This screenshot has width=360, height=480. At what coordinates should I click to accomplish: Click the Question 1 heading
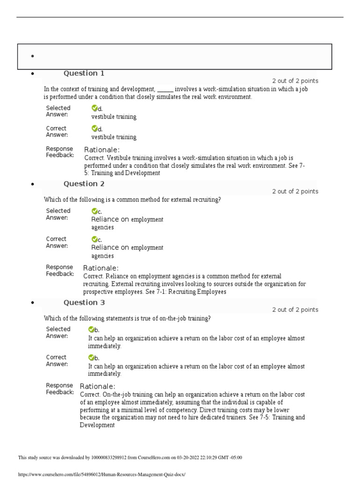(84, 73)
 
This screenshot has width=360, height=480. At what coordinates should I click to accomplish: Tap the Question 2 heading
(84, 184)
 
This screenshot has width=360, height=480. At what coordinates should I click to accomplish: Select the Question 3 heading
(84, 302)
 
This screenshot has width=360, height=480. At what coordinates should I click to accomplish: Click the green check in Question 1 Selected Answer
(94, 108)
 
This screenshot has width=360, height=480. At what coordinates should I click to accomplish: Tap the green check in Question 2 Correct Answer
(94, 239)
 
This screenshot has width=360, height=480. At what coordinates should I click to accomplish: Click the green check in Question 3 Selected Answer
(91, 330)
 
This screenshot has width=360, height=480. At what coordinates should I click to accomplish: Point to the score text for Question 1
(295, 81)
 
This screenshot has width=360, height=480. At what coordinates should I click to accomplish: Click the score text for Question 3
(295, 310)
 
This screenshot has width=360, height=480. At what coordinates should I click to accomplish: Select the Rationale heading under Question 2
(101, 268)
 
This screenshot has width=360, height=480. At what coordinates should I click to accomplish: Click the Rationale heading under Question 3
(97, 386)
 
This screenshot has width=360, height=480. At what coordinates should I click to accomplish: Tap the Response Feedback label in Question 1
(60, 152)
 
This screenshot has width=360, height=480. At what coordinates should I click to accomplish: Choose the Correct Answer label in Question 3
(57, 360)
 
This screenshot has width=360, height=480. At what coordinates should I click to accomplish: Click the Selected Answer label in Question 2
(58, 214)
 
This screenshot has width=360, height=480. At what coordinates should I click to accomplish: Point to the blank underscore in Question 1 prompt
(165, 89)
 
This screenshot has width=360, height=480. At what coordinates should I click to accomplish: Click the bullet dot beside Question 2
(32, 185)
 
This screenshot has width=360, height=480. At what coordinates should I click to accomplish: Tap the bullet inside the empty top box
(32, 56)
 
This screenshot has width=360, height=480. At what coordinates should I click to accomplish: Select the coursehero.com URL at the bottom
(102, 474)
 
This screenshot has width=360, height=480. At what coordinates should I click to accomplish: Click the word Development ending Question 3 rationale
(97, 425)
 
